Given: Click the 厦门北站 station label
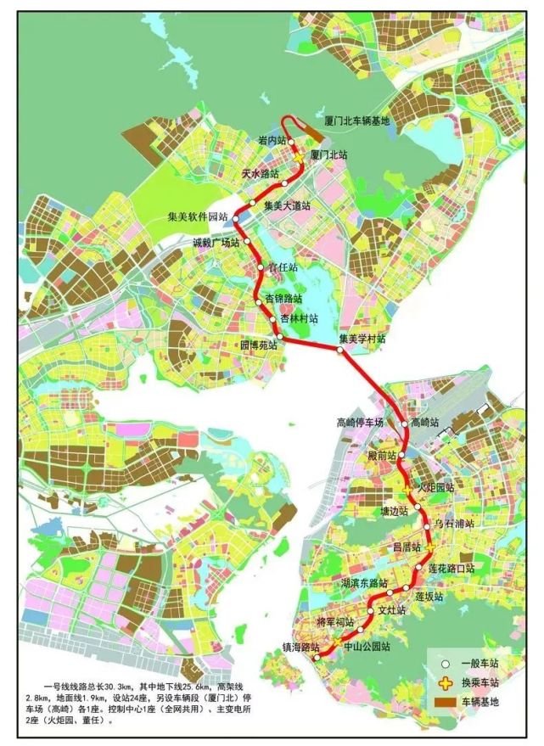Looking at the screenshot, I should (329, 155).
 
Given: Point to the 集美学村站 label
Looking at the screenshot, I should (362, 339).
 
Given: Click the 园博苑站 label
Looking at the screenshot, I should (259, 346).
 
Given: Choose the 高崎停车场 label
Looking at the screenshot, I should (361, 422).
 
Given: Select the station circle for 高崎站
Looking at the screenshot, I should (405, 423).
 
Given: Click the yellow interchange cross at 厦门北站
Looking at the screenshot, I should (300, 156).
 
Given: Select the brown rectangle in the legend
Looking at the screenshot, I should (443, 702).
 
